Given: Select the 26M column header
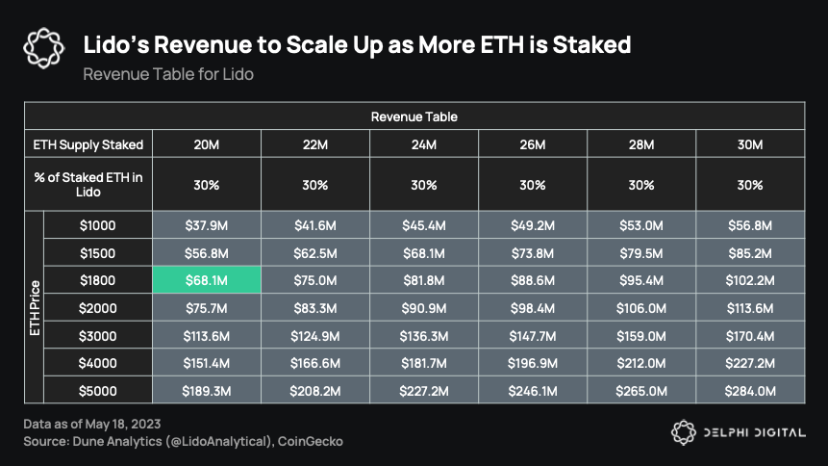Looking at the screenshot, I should pos(533,144).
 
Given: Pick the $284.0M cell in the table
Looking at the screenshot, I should pos(750,391).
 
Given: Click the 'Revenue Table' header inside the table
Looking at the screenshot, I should pos(414,116).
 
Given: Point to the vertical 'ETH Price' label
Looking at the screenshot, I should pos(34,307).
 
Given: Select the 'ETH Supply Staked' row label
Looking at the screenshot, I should pos(88,144).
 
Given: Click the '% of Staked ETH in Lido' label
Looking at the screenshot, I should pos(88,185).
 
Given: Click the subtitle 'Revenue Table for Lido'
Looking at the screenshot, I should pos(168,73).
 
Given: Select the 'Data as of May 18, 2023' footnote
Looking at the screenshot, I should pos(92,425).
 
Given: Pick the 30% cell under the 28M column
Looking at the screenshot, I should pos(641,185).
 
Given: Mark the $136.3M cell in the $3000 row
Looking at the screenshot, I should pos(424,335).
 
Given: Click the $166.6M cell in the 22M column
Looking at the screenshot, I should pos(314,363).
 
